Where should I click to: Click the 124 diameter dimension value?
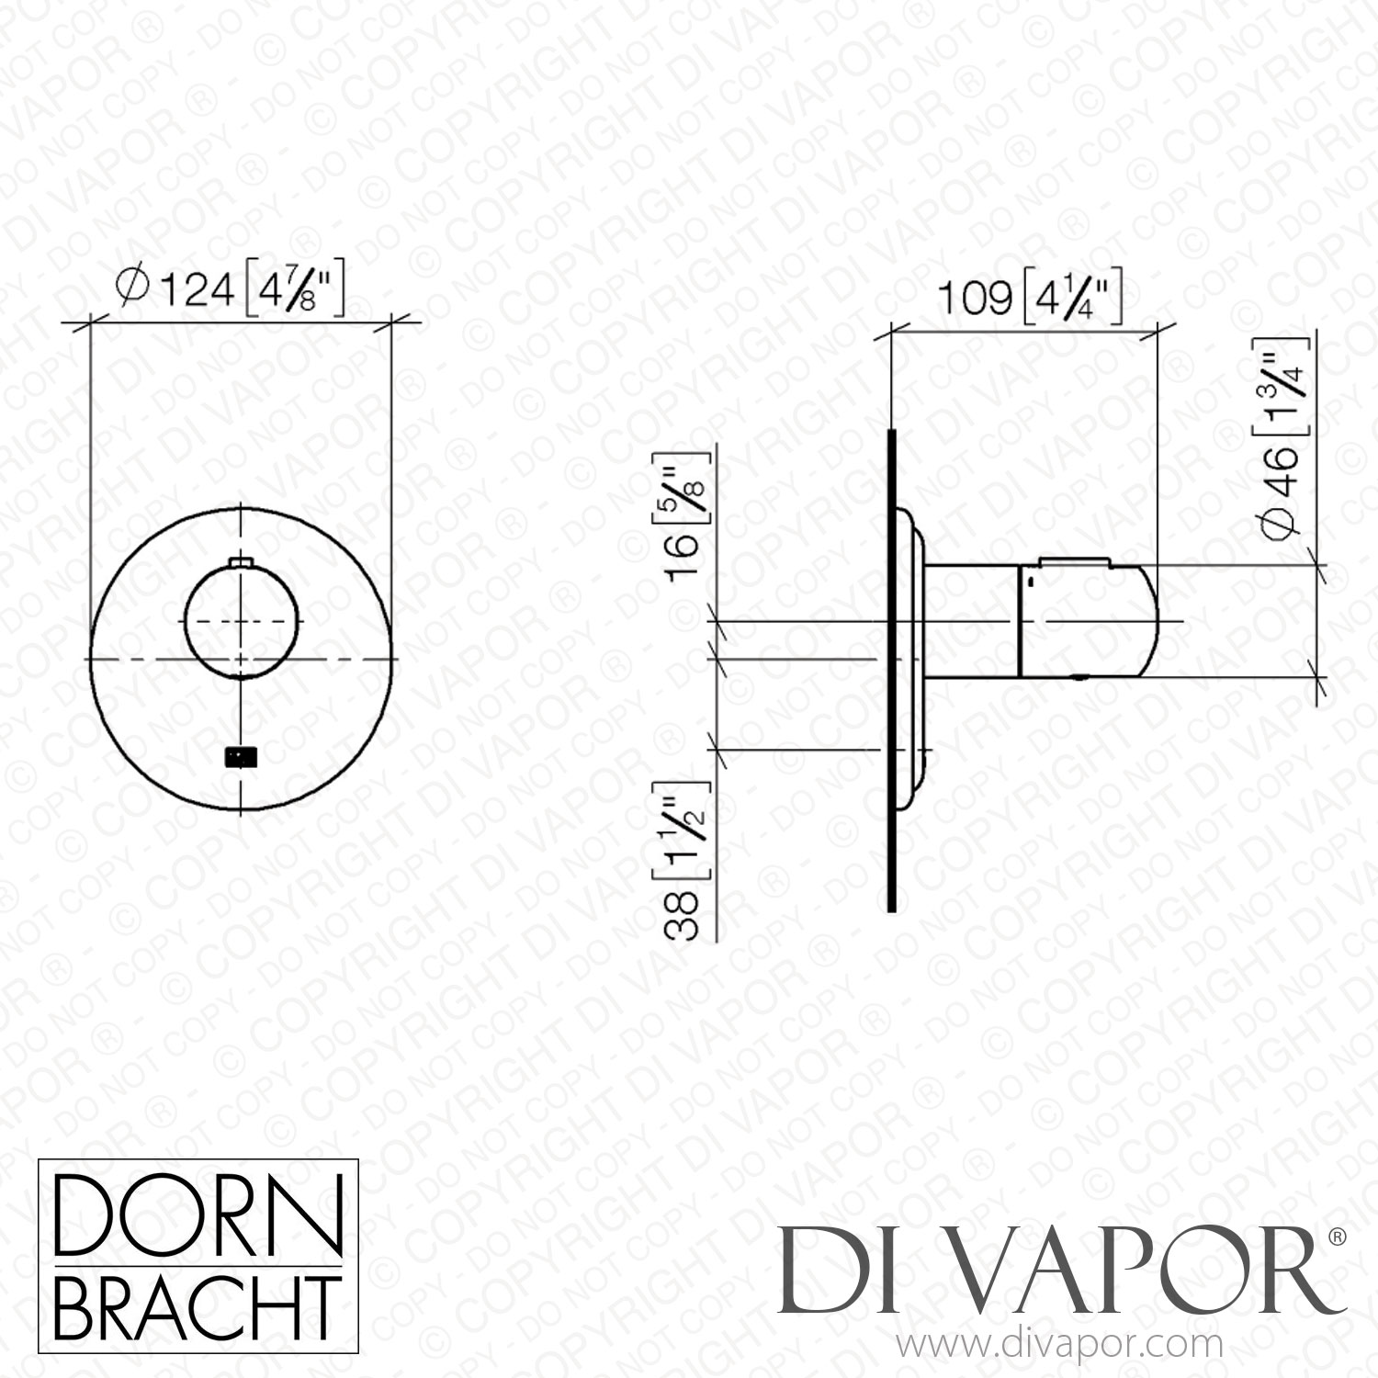pos(198,290)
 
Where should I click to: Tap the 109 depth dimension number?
pos(974,298)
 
